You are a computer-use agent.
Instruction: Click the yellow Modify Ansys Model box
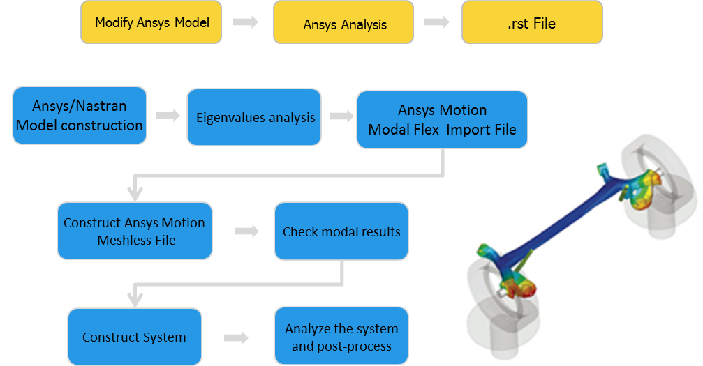(x=151, y=22)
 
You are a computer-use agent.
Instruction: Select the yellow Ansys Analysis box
(x=345, y=24)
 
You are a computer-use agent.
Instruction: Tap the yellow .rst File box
(x=531, y=24)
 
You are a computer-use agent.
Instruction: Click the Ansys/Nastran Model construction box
(x=80, y=116)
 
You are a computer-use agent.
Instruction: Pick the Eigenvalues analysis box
(x=254, y=117)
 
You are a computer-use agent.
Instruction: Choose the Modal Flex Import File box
(x=442, y=120)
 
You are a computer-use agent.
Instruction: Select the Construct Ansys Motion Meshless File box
(x=134, y=231)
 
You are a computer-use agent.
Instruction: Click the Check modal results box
(x=341, y=231)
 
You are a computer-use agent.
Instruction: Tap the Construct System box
(x=134, y=337)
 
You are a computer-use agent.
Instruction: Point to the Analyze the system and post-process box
(x=341, y=337)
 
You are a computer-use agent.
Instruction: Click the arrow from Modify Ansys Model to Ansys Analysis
(x=244, y=22)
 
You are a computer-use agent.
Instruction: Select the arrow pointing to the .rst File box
(x=436, y=22)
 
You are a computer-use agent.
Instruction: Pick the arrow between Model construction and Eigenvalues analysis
(x=168, y=116)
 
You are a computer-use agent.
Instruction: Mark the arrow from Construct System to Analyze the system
(x=236, y=337)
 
